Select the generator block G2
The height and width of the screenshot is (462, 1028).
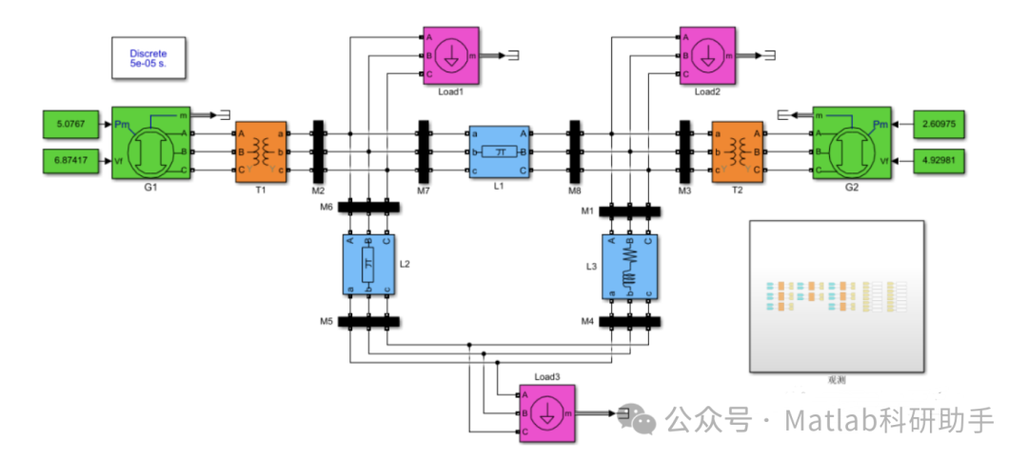pos(851,142)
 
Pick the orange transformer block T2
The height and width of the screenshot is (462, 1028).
pos(738,151)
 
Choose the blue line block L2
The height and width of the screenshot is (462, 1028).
pos(368,264)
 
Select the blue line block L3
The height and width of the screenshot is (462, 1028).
pos(628,264)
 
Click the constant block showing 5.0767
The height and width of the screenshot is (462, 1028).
pos(71,123)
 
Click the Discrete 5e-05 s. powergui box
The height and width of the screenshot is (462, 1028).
pos(148,58)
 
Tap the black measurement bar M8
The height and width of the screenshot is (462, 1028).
pos(574,151)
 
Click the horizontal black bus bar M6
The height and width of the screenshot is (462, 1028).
pos(369,207)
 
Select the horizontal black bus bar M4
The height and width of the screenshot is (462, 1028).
pos(629,321)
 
